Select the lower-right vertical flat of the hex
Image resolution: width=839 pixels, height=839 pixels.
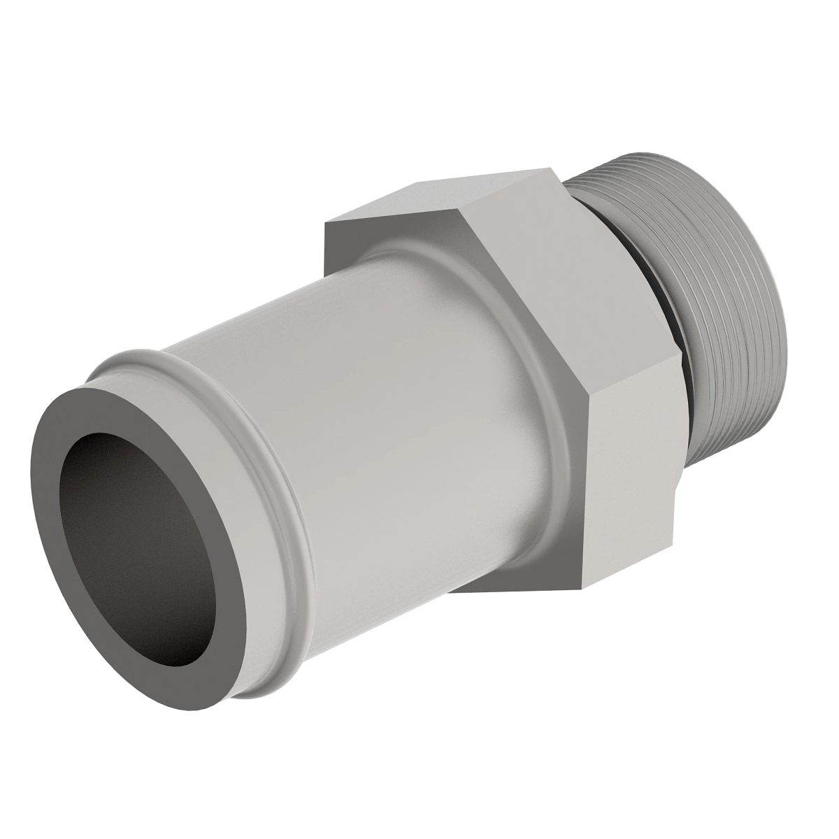[x=629, y=482]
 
